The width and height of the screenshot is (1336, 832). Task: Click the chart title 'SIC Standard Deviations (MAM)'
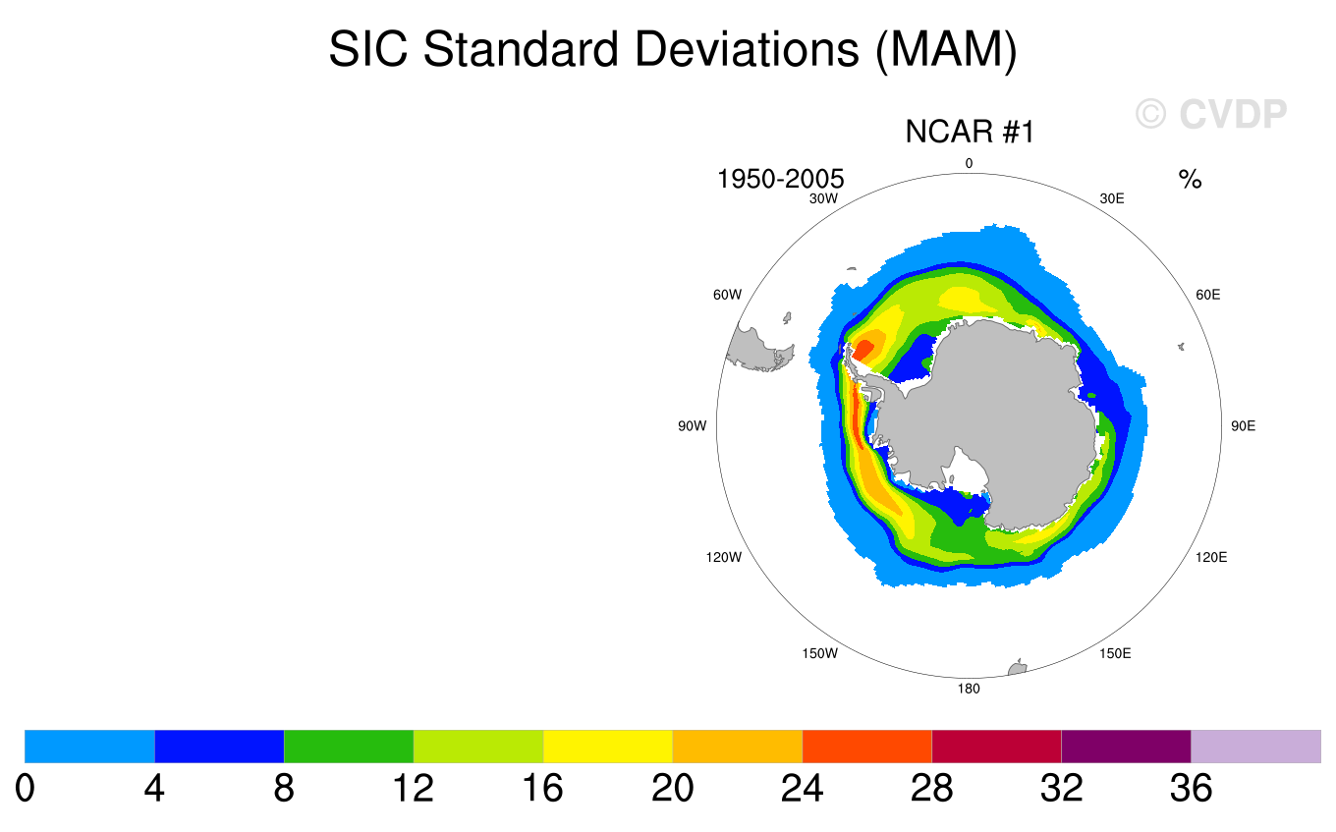pos(672,49)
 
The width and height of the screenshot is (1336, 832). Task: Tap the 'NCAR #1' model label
pos(970,132)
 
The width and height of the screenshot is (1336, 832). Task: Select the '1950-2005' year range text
pos(781,179)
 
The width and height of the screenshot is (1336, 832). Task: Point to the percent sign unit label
pos(1191,180)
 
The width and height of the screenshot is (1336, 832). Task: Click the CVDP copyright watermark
pos(1210,114)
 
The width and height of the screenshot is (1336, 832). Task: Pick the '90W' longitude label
pos(692,426)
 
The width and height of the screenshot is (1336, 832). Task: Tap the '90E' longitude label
pos(1244,426)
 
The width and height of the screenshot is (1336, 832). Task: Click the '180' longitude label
pos(969,689)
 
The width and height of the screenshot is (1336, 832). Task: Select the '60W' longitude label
pos(727,295)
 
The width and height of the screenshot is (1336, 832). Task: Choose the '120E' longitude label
pos(1211,557)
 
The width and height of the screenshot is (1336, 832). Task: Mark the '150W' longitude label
pos(819,653)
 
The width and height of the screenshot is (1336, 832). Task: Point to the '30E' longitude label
pos(1112,198)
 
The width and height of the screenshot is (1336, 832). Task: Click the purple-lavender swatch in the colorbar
pos(1255,747)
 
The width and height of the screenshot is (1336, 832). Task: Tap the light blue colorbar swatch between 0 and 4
pos(89,747)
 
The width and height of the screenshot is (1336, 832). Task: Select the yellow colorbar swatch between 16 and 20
pos(608,747)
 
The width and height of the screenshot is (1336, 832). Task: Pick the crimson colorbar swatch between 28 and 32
pos(996,747)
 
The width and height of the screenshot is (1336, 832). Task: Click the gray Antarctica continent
pos(992,413)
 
